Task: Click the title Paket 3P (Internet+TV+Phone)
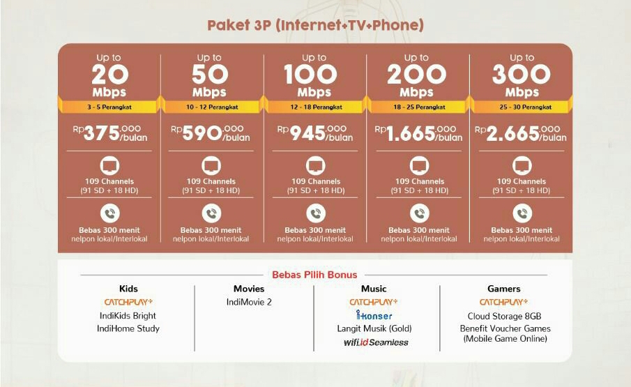(315, 26)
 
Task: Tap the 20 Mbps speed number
(109, 74)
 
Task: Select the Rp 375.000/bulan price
(109, 132)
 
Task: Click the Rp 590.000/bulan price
(211, 132)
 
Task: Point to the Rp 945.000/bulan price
(314, 132)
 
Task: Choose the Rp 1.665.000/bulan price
(418, 132)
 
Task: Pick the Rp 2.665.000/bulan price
(521, 132)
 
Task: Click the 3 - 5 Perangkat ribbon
(109, 107)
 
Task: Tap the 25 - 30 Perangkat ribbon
(522, 107)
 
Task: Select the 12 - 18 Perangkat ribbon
(314, 107)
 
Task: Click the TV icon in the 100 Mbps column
(314, 166)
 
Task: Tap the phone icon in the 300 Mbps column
(522, 213)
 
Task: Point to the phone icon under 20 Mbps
(109, 213)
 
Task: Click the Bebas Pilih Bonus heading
(314, 274)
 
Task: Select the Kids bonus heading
(128, 289)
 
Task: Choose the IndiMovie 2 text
(249, 302)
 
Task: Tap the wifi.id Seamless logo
(375, 342)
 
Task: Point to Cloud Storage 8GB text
(504, 316)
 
